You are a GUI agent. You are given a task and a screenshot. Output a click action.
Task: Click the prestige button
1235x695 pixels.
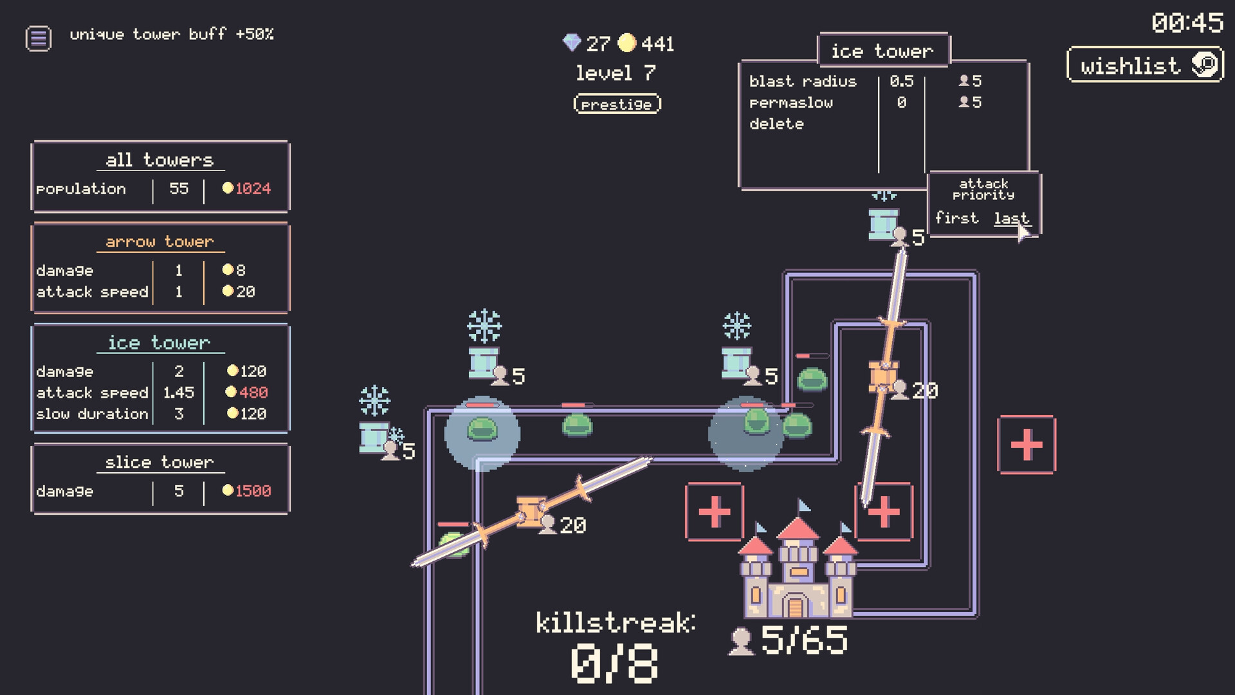click(x=617, y=104)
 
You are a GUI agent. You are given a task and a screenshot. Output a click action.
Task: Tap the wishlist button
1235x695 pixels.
click(x=1144, y=65)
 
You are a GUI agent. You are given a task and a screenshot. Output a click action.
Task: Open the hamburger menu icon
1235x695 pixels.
click(x=38, y=38)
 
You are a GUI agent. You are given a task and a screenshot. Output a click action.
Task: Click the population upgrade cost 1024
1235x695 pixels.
click(x=247, y=189)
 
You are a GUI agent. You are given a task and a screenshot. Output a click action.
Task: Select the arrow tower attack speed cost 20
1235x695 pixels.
click(x=239, y=292)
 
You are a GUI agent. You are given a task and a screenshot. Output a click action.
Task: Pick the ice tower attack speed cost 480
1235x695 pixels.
click(x=247, y=393)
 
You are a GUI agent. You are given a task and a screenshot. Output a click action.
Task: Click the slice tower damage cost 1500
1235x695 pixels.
click(x=247, y=491)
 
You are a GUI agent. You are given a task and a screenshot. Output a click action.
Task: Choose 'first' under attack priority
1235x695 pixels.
click(x=956, y=218)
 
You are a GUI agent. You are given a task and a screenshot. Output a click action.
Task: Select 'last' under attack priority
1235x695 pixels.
click(x=1011, y=219)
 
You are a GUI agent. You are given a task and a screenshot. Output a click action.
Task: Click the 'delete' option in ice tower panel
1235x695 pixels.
click(x=776, y=124)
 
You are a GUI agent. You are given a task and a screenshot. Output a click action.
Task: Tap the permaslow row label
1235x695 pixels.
click(x=791, y=103)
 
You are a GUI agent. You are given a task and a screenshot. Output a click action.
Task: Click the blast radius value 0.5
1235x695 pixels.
click(x=901, y=81)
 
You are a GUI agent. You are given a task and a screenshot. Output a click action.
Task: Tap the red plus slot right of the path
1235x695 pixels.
click(x=1026, y=445)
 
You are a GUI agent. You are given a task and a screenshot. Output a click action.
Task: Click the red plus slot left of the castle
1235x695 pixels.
click(x=714, y=512)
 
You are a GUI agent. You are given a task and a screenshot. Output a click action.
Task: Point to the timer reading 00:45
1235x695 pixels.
click(x=1187, y=23)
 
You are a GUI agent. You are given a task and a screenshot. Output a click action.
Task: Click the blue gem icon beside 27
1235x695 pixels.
click(x=571, y=42)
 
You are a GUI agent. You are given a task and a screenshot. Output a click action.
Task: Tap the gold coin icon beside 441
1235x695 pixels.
click(x=627, y=42)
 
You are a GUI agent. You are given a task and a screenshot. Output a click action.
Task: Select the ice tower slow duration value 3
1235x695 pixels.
click(x=179, y=414)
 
